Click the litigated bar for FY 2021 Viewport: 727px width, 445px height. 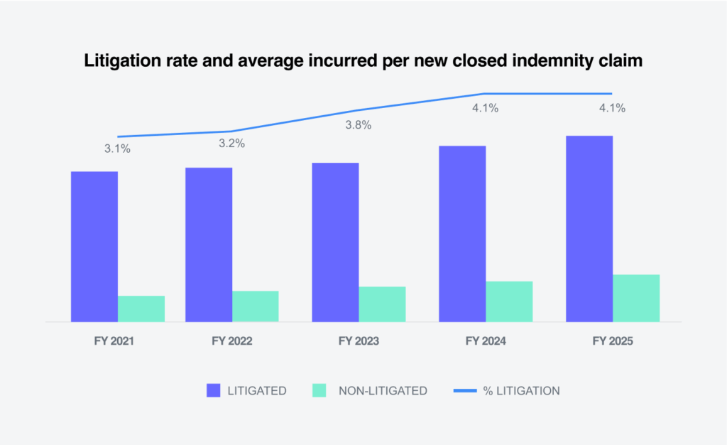pyautogui.click(x=94, y=247)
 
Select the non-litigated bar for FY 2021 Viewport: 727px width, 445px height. pyautogui.click(x=141, y=309)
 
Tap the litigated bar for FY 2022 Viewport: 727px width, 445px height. pyautogui.click(x=209, y=245)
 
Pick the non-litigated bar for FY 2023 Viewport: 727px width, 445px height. pyautogui.click(x=382, y=304)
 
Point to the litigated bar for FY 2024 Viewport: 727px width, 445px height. pyautogui.click(x=462, y=234)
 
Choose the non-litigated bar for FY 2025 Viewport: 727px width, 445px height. pyautogui.click(x=636, y=298)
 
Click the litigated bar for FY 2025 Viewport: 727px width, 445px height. pyautogui.click(x=589, y=229)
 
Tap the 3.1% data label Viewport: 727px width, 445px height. pyautogui.click(x=117, y=149)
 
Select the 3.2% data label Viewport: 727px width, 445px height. pyautogui.click(x=231, y=144)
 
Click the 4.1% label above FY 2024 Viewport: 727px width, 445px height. pyautogui.click(x=485, y=109)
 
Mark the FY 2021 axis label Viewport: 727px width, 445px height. pyautogui.click(x=114, y=341)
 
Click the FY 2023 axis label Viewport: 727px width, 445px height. pyautogui.click(x=359, y=341)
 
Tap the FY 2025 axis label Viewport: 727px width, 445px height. pyautogui.click(x=612, y=341)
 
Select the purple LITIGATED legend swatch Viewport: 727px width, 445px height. pyautogui.click(x=215, y=390)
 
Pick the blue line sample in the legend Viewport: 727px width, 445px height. pyautogui.click(x=469, y=390)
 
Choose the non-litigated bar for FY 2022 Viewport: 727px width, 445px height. pyautogui.click(x=256, y=306)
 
